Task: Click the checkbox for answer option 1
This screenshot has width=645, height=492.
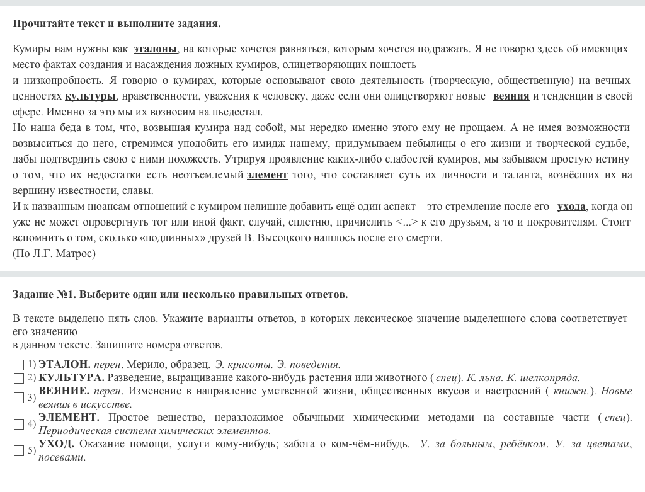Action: click(x=19, y=365)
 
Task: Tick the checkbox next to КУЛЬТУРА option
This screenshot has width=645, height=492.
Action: click(x=19, y=378)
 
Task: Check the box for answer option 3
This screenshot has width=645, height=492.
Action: click(x=19, y=398)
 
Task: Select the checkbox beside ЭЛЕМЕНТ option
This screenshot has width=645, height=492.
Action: click(x=19, y=424)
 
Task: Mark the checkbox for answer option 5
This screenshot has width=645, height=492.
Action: click(x=19, y=450)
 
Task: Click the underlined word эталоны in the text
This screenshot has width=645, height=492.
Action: click(x=156, y=49)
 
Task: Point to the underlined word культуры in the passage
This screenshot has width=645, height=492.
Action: click(x=90, y=96)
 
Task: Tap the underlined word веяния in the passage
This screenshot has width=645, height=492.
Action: click(x=511, y=96)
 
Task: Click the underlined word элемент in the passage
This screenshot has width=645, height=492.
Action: click(x=267, y=174)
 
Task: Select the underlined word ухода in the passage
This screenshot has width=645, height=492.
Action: click(x=571, y=207)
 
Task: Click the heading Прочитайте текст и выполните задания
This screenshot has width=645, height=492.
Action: click(x=117, y=23)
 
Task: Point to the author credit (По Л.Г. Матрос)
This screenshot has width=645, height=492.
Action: click(x=54, y=253)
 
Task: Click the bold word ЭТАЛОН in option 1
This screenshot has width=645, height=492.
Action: click(x=64, y=364)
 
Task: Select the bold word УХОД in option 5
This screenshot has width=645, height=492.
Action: click(x=56, y=443)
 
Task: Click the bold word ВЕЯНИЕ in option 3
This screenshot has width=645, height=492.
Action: click(x=64, y=391)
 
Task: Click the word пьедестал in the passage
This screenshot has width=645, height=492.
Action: click(x=229, y=112)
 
